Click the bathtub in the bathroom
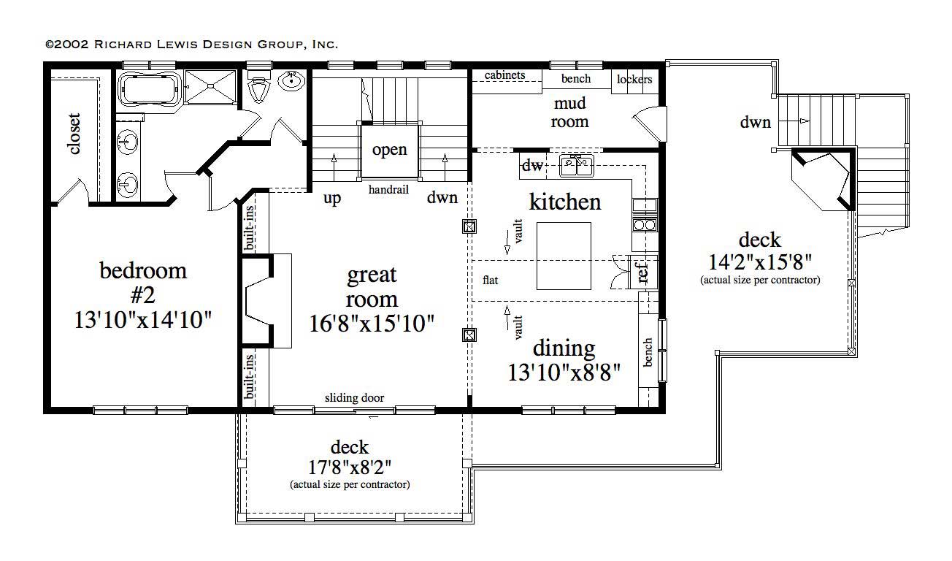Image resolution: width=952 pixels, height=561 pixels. [150, 89]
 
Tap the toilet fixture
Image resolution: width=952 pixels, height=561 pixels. [258, 88]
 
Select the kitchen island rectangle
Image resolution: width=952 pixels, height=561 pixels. [564, 256]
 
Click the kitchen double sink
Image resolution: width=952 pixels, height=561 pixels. [577, 167]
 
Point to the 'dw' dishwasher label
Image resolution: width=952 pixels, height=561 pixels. [533, 167]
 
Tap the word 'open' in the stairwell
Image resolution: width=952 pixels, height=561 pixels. [389, 150]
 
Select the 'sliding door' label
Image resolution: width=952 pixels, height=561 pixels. [354, 398]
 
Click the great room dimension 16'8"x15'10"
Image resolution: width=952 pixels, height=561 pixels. [372, 322]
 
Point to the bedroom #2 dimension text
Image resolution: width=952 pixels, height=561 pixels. [143, 319]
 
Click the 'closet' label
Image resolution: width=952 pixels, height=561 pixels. [74, 134]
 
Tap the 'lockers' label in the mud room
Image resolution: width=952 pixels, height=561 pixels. [634, 80]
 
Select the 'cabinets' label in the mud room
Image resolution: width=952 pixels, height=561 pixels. [504, 75]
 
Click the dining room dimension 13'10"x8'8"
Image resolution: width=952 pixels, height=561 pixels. [564, 373]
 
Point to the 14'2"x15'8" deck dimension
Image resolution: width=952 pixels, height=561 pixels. [760, 261]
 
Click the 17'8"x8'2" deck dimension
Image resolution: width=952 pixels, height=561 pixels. [349, 467]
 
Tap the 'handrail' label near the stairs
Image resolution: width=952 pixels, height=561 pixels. [388, 190]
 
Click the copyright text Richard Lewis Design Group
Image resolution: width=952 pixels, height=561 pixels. [192, 45]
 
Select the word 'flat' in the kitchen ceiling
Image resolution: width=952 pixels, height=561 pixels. [491, 280]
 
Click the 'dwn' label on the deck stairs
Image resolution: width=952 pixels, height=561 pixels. [755, 123]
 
